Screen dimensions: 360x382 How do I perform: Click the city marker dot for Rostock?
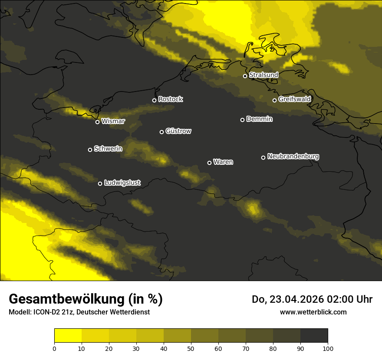[154, 100]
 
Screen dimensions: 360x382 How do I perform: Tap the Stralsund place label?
[263, 75]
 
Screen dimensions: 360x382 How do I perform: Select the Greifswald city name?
[294, 99]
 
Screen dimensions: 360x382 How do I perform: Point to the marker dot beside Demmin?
[242, 120]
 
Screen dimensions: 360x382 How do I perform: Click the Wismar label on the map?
[113, 121]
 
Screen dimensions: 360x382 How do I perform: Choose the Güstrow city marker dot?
[161, 132]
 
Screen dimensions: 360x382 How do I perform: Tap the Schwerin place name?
[108, 149]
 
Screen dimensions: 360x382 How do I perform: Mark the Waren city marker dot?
[209, 163]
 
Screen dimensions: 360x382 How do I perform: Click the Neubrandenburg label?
[293, 157]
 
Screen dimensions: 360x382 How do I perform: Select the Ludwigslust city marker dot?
[100, 183]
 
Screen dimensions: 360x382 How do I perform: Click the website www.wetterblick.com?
[313, 312]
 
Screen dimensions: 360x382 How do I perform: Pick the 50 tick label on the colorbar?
[191, 348]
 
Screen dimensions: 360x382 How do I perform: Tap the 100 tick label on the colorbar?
[328, 348]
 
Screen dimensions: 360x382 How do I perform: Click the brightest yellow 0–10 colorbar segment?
[68, 336]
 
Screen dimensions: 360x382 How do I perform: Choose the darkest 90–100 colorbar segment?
[314, 336]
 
